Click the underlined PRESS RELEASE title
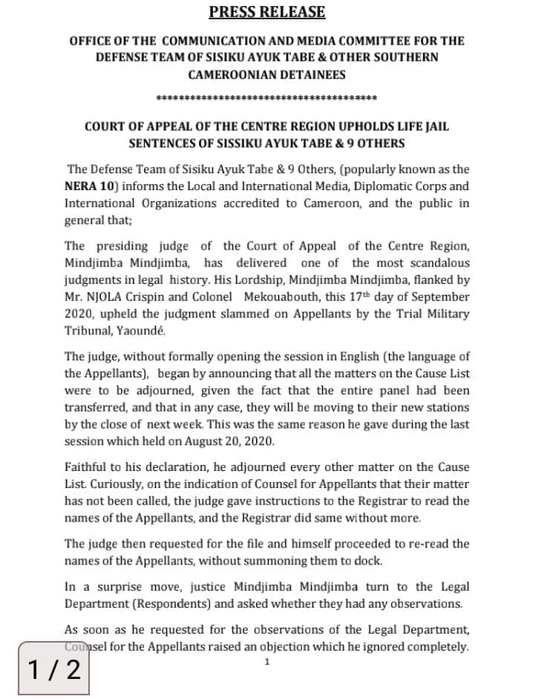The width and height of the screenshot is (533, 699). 266,12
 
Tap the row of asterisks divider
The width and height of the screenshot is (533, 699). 266,98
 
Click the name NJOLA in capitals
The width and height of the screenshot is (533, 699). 107,296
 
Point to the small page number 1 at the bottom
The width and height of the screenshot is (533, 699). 267,661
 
